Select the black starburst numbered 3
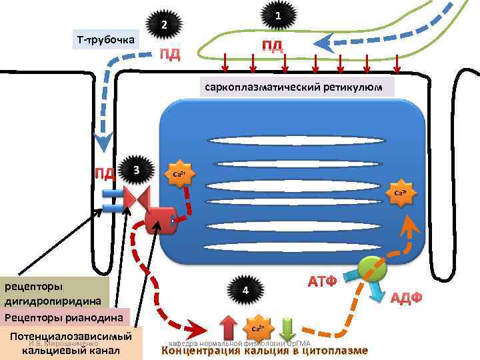[x=135, y=171]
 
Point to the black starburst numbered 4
[x=245, y=291]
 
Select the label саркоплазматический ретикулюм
[x=293, y=87]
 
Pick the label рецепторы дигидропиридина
[x=55, y=293]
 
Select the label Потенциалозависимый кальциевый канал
[x=71, y=342]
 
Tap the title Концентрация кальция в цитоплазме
[x=264, y=351]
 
